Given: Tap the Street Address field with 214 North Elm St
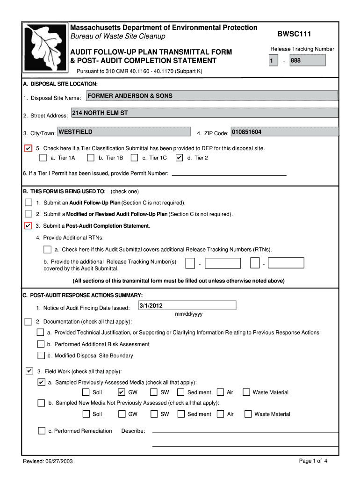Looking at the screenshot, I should (x=204, y=113).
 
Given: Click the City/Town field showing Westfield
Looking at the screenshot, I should (x=124, y=132).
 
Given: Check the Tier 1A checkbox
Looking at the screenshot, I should (x=43, y=158).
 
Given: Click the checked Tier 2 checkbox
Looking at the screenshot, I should (x=180, y=158).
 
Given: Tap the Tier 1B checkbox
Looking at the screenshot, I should (x=91, y=158).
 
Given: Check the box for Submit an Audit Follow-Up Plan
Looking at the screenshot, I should (x=29, y=203).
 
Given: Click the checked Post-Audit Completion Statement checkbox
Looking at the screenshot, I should (x=29, y=226).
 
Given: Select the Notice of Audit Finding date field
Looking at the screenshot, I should (x=187, y=306).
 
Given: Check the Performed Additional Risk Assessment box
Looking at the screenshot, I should (x=41, y=344).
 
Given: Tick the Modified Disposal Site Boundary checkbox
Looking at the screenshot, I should (x=41, y=356).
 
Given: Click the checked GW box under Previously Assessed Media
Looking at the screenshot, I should (x=122, y=392).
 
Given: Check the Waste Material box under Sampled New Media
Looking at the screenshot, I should (x=248, y=414).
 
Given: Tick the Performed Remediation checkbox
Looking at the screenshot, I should (x=42, y=430).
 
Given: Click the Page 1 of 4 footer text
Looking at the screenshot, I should (x=313, y=461).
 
